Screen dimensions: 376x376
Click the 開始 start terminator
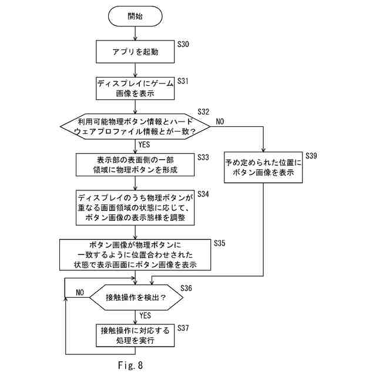click(x=135, y=16)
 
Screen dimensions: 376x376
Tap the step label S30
click(x=183, y=44)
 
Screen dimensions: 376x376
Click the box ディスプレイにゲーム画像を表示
click(x=135, y=88)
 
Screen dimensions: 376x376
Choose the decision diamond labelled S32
click(x=135, y=126)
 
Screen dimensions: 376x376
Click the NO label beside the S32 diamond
click(x=221, y=121)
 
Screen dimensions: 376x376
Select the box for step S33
click(x=135, y=165)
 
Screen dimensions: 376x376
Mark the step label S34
click(x=203, y=194)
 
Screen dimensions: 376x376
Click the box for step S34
click(x=135, y=207)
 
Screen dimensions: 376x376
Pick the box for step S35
click(x=135, y=254)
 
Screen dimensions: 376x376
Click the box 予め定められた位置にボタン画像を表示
click(x=263, y=168)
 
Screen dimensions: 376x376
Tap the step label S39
click(x=311, y=156)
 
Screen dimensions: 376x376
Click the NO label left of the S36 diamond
click(x=80, y=293)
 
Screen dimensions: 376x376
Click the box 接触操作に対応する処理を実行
click(x=135, y=336)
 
